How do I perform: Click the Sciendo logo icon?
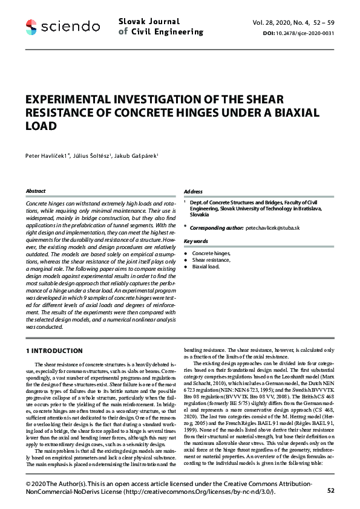click(x=31, y=26)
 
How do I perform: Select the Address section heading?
click(x=193, y=191)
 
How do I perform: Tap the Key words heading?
click(x=196, y=241)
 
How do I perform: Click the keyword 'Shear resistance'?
click(x=212, y=260)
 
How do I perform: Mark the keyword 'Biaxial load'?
click(x=206, y=267)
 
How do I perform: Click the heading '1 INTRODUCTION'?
click(x=54, y=351)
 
